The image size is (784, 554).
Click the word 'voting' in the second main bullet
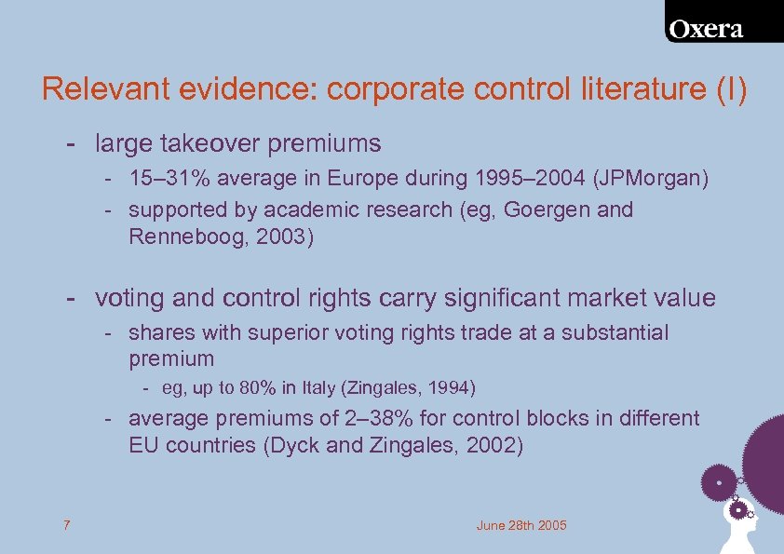(128, 298)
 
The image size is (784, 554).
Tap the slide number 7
(66, 526)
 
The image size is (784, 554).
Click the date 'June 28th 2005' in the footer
(521, 526)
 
